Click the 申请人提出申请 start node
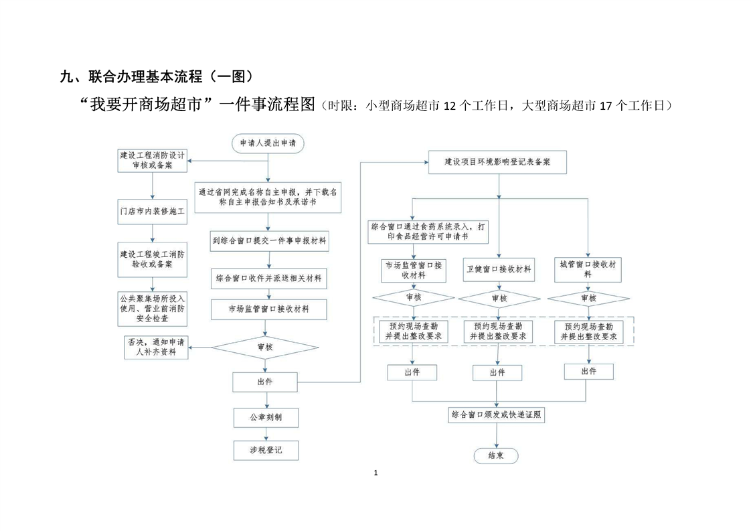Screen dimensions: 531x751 click(x=268, y=143)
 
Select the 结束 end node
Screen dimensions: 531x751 click(x=496, y=456)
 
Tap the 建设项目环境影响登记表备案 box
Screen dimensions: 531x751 click(x=497, y=162)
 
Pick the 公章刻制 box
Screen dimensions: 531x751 click(x=266, y=417)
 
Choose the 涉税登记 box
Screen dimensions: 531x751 click(x=266, y=451)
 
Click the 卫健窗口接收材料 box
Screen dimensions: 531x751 click(x=499, y=269)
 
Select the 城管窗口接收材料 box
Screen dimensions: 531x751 click(x=588, y=269)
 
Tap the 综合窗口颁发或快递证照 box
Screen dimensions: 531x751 click(x=496, y=415)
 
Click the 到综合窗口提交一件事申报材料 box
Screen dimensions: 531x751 click(x=269, y=241)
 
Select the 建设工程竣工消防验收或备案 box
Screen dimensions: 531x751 click(x=152, y=259)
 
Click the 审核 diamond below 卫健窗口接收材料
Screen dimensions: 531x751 click(x=499, y=298)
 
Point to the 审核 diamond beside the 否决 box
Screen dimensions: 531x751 click(x=265, y=347)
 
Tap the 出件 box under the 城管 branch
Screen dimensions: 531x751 click(x=588, y=371)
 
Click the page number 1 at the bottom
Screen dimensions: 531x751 click(x=375, y=473)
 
